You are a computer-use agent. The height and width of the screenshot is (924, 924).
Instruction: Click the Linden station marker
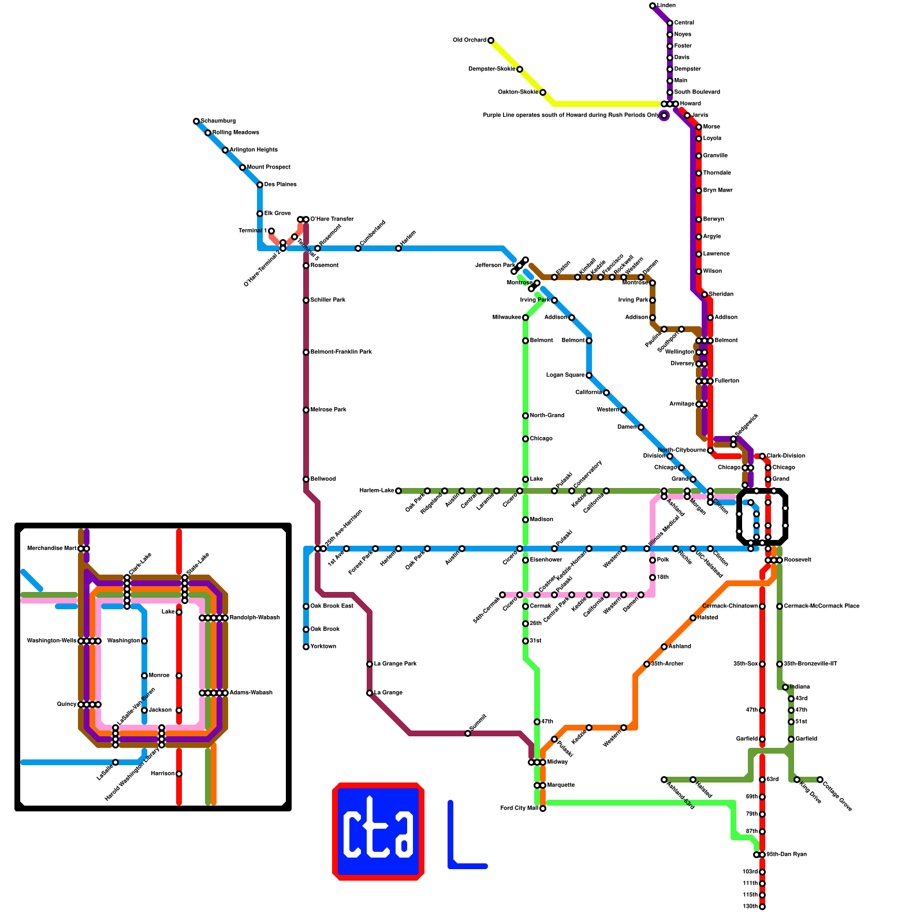tap(653, 6)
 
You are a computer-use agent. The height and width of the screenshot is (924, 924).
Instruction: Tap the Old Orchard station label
tap(470, 40)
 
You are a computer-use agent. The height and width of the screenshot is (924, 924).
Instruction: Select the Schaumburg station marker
tap(196, 121)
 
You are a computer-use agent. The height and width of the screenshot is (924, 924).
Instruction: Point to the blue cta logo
tap(378, 832)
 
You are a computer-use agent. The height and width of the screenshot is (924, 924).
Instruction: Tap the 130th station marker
tap(762, 907)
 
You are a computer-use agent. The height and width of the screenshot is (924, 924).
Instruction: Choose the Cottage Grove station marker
tap(820, 780)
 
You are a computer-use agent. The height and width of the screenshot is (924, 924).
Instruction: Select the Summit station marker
tap(468, 733)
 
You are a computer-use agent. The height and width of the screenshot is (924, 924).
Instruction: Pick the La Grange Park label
tap(395, 664)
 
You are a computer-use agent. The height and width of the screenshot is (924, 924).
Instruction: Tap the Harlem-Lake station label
tap(377, 491)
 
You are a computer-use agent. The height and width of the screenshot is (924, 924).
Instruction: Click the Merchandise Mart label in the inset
tap(51, 549)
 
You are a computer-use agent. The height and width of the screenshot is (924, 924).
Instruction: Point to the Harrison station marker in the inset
tap(179, 774)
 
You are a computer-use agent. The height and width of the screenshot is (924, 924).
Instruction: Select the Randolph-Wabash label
tap(254, 618)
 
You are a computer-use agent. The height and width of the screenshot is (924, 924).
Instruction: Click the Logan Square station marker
tap(589, 375)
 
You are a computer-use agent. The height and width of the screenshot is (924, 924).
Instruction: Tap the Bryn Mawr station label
tap(717, 191)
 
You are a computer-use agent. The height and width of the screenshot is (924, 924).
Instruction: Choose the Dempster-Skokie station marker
tap(520, 69)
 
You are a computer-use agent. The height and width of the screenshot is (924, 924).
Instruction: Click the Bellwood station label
tap(323, 479)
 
